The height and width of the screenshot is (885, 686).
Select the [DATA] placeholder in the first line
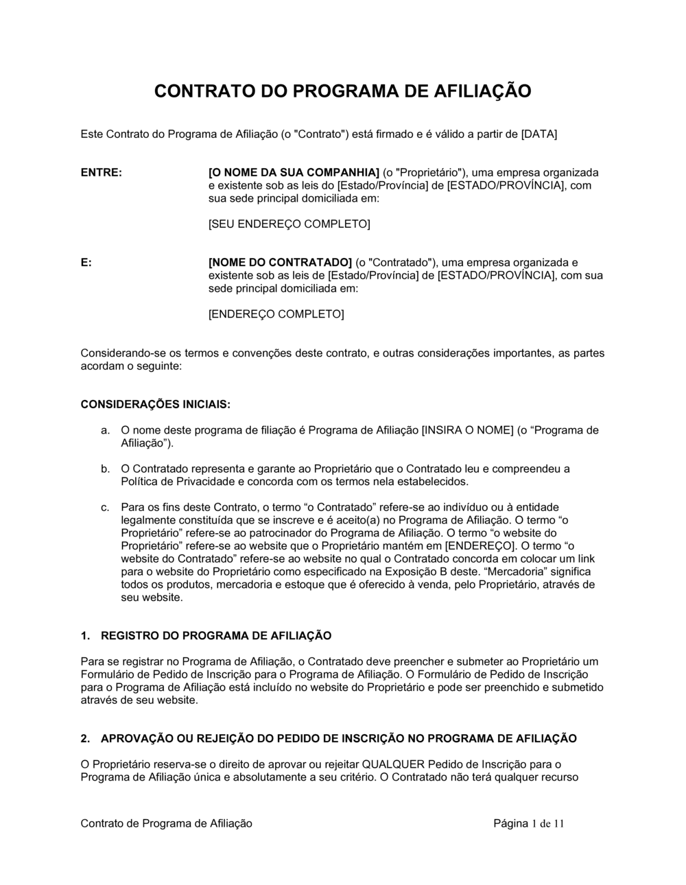[539, 134]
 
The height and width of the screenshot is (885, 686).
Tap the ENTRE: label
[101, 172]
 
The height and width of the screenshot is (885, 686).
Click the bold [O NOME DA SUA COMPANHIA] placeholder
[294, 172]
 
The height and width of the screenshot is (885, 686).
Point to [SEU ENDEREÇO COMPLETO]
[289, 224]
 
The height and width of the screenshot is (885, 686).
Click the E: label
[86, 263]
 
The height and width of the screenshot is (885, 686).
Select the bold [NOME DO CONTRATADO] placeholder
[279, 263]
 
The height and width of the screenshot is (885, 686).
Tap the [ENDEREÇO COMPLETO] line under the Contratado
[276, 314]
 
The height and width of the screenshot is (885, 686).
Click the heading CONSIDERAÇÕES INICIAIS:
[156, 405]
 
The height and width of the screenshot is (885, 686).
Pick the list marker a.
[105, 431]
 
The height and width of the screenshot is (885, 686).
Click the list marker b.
[105, 469]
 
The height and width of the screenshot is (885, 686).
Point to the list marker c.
[105, 508]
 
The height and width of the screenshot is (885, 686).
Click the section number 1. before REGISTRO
[85, 636]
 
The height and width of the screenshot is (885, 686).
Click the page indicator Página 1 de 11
[528, 823]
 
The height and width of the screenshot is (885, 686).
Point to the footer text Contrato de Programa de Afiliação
[167, 823]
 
